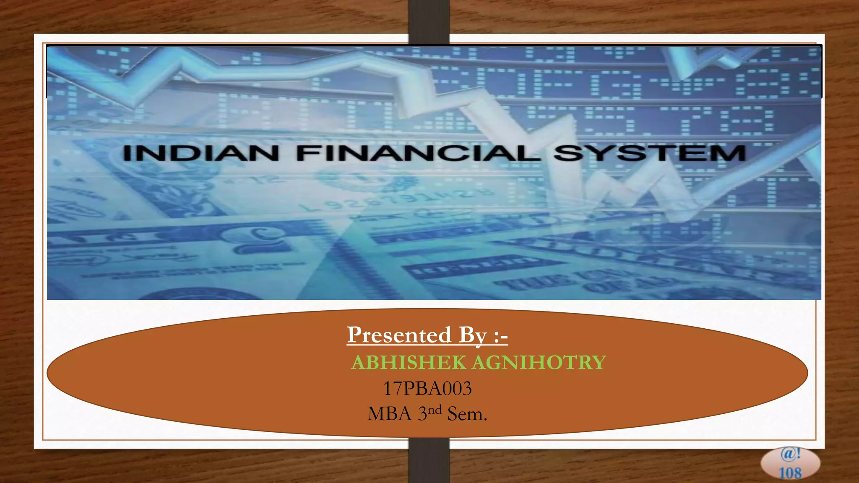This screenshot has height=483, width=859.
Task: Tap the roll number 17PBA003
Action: coord(427,389)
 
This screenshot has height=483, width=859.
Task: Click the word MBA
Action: coord(389,414)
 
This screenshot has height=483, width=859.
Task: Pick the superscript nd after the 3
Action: coord(435,410)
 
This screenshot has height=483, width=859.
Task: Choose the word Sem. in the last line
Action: coord(467,414)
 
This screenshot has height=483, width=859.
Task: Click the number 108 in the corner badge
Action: coord(790,473)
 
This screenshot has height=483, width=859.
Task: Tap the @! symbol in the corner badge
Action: coord(791,454)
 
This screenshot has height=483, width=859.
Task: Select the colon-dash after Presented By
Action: coord(501,336)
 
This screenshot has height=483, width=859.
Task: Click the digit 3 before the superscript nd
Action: coord(422,414)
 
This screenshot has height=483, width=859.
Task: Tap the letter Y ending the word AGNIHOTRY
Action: coord(599,362)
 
